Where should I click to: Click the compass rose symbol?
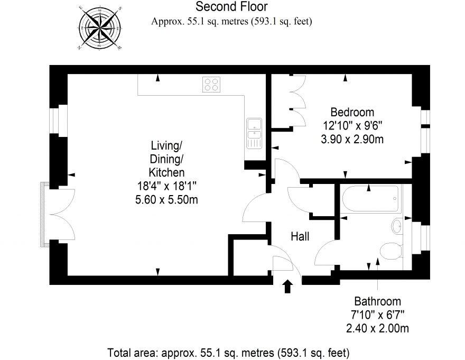pos(100,27)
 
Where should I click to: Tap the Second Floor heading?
pos(231,6)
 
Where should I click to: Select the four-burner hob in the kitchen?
pos(211,84)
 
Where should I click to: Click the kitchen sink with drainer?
pos(254,133)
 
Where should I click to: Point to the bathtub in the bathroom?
pos(370,199)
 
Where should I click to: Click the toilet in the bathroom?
pos(392,251)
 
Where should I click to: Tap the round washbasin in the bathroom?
pos(397,226)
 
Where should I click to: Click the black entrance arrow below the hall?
pos(287,286)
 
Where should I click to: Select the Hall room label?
pos(300,236)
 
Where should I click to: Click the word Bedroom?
pos(352,112)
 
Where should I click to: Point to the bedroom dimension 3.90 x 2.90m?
pos(352,139)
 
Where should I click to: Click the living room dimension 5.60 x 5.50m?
pos(166,199)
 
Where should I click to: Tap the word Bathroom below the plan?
pos(377,301)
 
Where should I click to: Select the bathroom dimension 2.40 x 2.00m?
pos(377,328)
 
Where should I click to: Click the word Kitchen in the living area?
pos(166,172)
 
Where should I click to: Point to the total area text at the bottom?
pos(228,353)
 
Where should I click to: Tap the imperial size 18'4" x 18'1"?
pos(166,186)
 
